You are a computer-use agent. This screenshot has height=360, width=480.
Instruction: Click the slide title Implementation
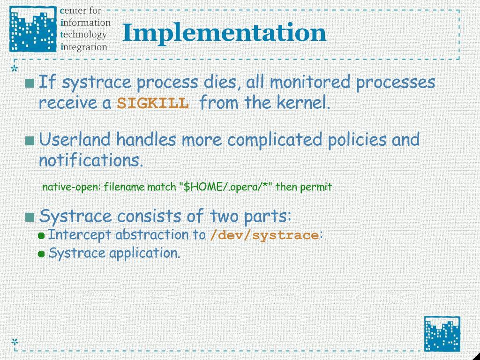coord(225,34)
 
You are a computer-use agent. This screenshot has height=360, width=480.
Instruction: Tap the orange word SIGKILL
coord(153,104)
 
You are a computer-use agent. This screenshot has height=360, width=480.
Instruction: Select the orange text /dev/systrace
coord(264,235)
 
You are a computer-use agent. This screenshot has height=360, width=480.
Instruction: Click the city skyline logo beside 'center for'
coord(33,29)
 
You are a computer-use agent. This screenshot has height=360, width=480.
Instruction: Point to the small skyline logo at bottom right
coord(442,334)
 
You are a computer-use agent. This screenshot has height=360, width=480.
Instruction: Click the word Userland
coord(75,139)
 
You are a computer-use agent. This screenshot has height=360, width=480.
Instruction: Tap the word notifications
coord(91,160)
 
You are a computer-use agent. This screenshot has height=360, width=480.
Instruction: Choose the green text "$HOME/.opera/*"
coord(225,187)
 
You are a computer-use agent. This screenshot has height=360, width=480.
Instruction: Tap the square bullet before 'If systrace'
coord(30,83)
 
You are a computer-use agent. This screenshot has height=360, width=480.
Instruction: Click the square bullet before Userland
coord(30,141)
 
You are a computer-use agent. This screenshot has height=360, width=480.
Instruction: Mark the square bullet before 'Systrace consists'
coord(30,217)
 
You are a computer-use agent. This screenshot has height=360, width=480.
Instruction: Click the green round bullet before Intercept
coord(42,236)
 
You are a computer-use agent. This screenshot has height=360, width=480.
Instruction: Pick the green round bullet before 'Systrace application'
coord(42,254)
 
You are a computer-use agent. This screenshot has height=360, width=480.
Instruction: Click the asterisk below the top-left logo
coord(15,69)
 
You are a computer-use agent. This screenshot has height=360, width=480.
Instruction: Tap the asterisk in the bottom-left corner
coord(15,342)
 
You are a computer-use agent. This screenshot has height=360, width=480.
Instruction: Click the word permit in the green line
coord(317,187)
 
